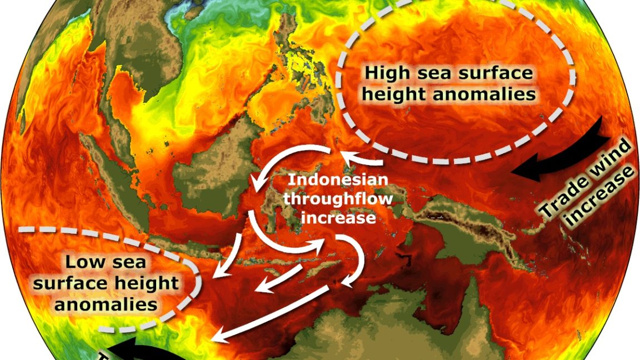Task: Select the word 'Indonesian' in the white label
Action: pyautogui.click(x=338, y=180)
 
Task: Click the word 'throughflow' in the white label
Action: pyautogui.click(x=338, y=198)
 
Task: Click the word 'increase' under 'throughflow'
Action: pyautogui.click(x=338, y=217)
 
